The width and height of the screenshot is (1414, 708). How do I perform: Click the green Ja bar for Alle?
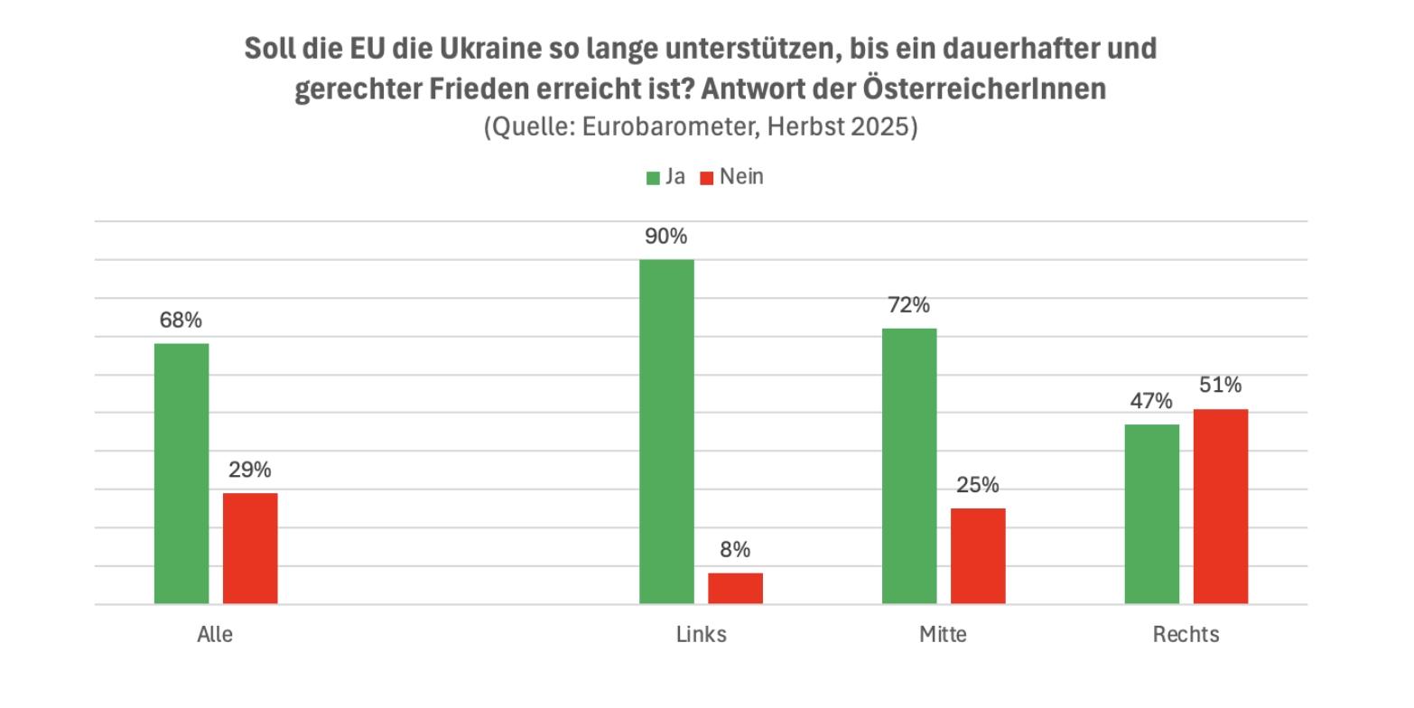181,473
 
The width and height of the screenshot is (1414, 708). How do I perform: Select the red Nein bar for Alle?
250,548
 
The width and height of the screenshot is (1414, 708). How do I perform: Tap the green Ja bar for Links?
666,432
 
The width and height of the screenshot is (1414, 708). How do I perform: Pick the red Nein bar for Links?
735,588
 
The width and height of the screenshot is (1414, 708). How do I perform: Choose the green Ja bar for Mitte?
909,466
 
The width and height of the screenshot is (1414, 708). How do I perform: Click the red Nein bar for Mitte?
978,555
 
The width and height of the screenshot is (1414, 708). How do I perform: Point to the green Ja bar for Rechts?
1151,514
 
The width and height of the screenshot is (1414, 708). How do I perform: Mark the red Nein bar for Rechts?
1221,506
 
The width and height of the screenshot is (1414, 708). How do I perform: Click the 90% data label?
666,237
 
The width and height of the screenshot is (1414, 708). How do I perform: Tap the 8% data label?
735,550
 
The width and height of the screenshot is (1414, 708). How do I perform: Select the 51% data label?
1221,386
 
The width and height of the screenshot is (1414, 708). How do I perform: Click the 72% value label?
909,305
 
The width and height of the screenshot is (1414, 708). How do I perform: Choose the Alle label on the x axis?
215,635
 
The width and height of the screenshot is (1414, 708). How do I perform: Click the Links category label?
701,635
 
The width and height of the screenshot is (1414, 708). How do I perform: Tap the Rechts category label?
1186,635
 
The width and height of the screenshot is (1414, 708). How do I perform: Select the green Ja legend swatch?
653,178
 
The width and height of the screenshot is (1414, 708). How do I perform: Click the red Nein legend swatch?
707,178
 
